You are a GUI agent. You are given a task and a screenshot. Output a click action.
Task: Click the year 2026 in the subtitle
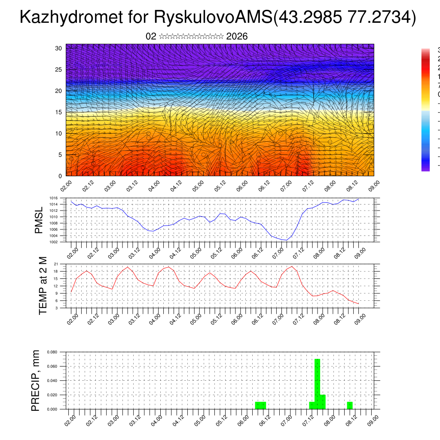(x=237, y=37)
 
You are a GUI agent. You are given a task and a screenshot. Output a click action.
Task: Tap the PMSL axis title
(x=39, y=220)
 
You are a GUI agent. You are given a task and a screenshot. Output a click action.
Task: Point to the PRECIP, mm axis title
(x=36, y=380)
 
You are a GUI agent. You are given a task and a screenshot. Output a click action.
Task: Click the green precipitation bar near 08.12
(x=350, y=405)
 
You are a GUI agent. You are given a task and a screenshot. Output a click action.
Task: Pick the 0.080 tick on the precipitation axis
(x=52, y=352)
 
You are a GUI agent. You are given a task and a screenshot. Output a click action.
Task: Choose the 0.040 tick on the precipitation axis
(x=52, y=381)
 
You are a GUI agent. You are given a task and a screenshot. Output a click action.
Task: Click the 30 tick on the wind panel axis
(x=58, y=48)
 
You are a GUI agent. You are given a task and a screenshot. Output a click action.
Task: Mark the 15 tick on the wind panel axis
(x=58, y=112)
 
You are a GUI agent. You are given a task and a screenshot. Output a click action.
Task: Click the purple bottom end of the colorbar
(x=425, y=168)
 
